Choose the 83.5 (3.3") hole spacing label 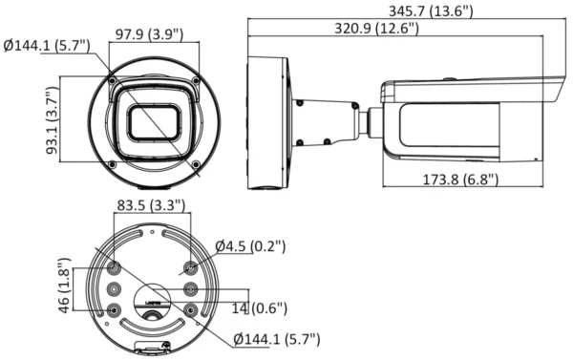click(151, 205)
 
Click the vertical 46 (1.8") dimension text click(64, 286)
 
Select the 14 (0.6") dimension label click(260, 307)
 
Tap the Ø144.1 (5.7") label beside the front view click(46, 46)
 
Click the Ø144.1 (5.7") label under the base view click(277, 339)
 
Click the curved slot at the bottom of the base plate click(153, 328)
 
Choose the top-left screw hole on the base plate click(116, 266)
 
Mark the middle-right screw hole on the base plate click(190, 288)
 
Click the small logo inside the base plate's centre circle click(150, 299)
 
